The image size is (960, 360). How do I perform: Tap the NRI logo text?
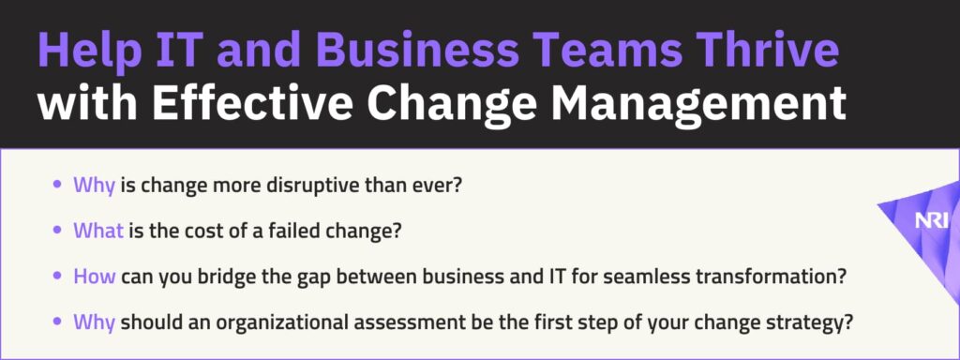click(931, 221)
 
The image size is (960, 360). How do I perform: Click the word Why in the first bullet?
click(95, 185)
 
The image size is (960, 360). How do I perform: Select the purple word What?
click(98, 231)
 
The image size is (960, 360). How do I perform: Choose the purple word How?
click(95, 277)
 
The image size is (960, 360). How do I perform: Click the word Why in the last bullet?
click(95, 322)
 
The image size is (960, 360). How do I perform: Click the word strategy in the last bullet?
click(813, 322)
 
